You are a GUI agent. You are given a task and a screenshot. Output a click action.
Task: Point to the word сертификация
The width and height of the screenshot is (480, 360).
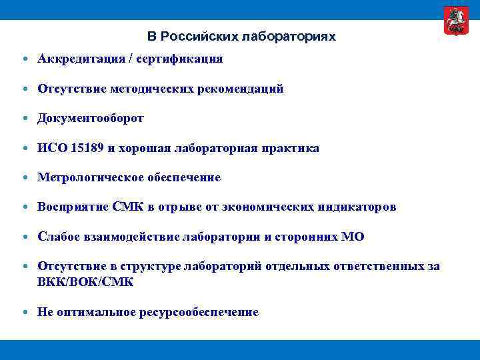pos(183,59)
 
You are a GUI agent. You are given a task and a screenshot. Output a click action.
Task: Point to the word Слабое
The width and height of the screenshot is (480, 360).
pos(59,237)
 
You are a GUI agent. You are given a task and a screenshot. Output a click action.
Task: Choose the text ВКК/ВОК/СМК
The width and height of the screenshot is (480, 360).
pos(85,282)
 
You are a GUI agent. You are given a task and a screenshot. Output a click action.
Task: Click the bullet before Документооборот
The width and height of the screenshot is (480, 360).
pos(25,119)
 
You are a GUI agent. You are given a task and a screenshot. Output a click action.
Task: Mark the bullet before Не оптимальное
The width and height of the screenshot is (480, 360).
pos(25,312)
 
